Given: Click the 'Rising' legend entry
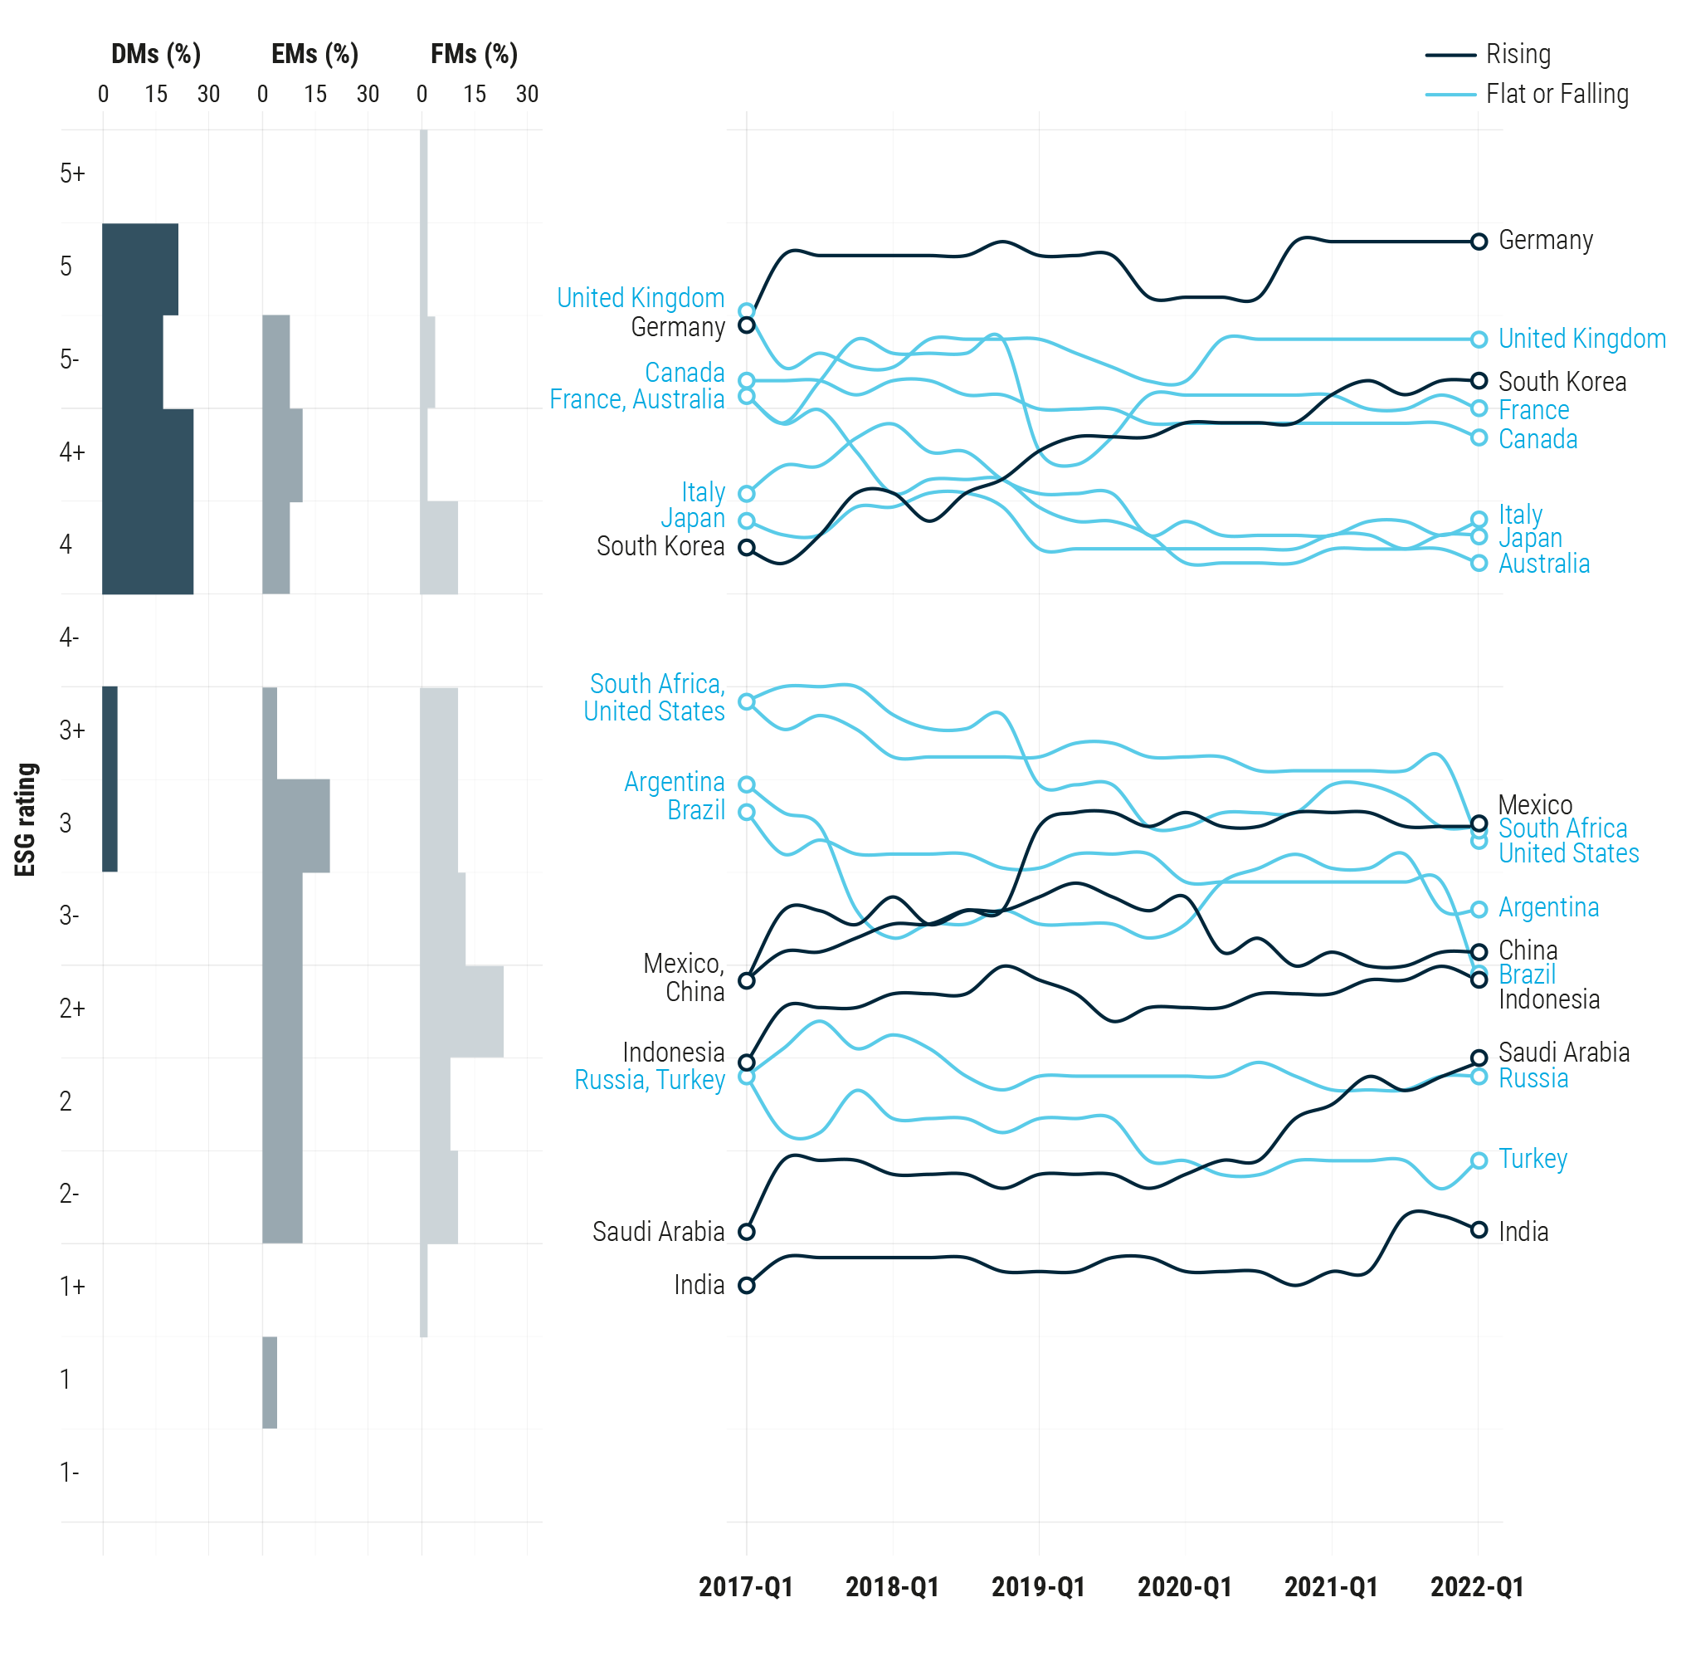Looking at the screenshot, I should point(1517,54).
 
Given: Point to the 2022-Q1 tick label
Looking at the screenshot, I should point(1476,1586).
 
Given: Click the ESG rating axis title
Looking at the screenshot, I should point(26,819).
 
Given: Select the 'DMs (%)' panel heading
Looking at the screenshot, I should point(156,54).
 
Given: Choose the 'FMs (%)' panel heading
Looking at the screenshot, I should point(474,54).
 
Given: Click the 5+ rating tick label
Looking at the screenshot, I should point(72,173).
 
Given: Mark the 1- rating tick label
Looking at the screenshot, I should point(69,1473).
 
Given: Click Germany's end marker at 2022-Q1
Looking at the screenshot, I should point(1479,242).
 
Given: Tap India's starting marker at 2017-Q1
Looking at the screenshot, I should point(746,1286).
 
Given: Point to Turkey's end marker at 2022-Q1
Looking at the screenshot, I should point(1479,1161).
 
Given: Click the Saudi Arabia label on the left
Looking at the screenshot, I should point(658,1232).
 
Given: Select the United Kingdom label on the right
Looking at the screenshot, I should point(1581,340).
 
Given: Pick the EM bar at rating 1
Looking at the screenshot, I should point(270,1383).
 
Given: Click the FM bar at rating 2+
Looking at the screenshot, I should point(460,1012).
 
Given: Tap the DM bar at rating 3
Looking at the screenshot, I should point(110,824).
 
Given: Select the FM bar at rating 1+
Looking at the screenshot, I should point(423,1290).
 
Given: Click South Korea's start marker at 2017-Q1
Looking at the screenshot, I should point(746,548).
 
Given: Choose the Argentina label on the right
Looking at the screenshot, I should point(1547,908).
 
